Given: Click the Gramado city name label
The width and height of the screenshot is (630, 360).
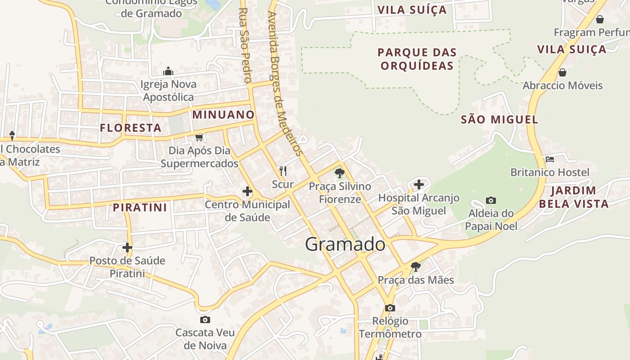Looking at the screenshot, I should pos(345,244).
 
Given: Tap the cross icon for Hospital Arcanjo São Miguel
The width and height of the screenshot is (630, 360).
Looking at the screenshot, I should pos(419,184).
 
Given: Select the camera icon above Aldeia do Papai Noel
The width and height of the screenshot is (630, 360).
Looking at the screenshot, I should pos(491,200).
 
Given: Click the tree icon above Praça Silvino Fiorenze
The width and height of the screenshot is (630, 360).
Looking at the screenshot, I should pos(340,173).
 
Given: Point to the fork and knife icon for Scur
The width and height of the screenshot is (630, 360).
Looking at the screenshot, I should pos(283,171).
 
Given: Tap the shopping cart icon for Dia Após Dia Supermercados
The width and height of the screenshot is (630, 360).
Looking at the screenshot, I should pos(199,137).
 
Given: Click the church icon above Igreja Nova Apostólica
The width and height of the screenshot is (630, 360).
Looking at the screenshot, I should pos(168,71).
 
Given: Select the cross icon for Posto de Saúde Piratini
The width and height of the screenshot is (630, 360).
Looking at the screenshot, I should pos(127,247).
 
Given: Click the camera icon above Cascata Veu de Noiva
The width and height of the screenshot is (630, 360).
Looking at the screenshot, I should pos(205,319).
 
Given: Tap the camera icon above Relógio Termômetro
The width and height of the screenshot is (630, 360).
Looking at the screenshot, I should pos(390,308).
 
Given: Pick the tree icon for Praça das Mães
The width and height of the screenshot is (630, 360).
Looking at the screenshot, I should pos(416,267).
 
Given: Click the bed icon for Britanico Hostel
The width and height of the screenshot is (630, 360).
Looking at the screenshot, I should pos(549,159).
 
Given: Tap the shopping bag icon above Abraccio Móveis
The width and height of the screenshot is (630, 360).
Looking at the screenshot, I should pos(562,72).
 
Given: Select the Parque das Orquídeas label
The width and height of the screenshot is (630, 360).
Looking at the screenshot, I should pos(417,59).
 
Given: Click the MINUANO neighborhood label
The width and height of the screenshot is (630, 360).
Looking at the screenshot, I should pos(223,115).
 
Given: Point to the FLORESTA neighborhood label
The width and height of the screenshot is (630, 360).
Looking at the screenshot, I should pos(130,128).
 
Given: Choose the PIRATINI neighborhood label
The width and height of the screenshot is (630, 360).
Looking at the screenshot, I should pos(140,207).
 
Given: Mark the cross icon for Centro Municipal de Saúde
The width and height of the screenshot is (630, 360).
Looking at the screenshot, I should pos(247,191).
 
